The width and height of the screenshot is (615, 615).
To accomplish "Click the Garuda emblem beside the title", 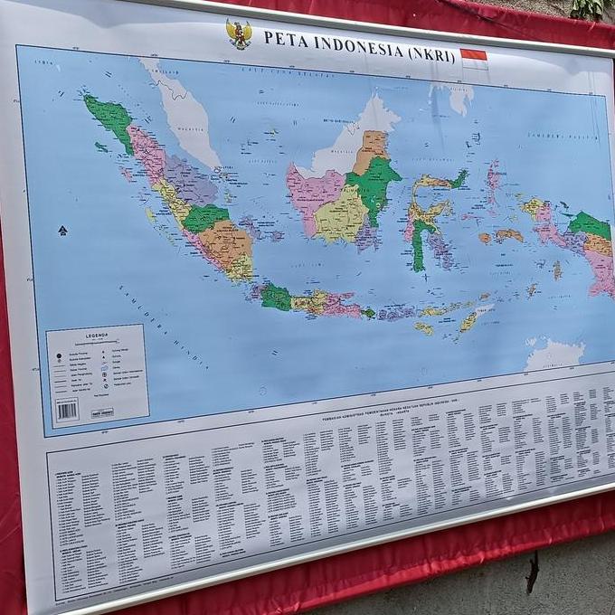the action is click(239, 34).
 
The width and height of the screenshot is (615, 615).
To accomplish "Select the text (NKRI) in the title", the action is click(428, 48).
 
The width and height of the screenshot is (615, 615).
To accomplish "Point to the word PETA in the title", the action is click(281, 38).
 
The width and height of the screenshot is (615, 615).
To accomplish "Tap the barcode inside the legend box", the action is click(67, 410).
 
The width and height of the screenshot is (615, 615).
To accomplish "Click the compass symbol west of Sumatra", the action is click(62, 231).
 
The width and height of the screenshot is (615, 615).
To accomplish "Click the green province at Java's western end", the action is click(276, 297).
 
